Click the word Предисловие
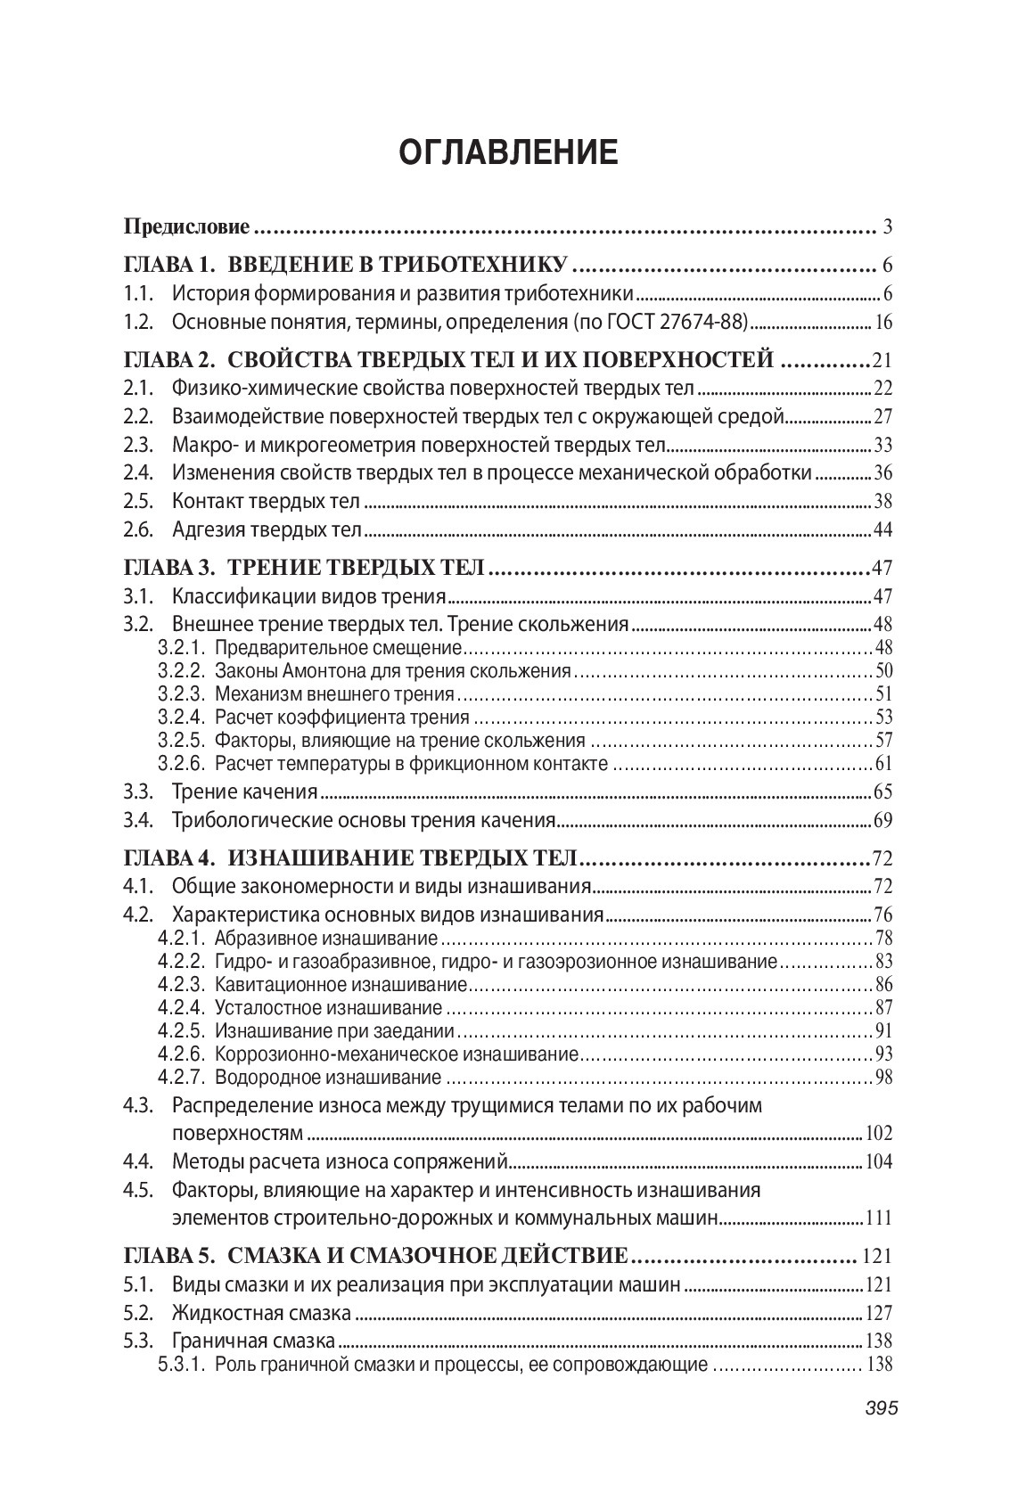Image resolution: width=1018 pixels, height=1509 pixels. click(x=186, y=226)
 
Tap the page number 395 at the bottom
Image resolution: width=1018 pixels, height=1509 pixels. click(x=881, y=1408)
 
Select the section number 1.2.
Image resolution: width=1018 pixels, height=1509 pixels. click(x=138, y=322)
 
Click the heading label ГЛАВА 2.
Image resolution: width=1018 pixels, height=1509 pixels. click(x=169, y=360)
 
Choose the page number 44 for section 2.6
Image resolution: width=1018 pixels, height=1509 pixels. click(x=883, y=530)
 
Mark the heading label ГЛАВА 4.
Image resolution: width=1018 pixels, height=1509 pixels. click(x=169, y=859)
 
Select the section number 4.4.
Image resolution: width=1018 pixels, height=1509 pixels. click(x=138, y=1161)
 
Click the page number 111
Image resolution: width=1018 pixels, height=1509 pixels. click(x=879, y=1218)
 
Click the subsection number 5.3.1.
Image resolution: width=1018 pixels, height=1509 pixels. click(x=182, y=1365)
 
